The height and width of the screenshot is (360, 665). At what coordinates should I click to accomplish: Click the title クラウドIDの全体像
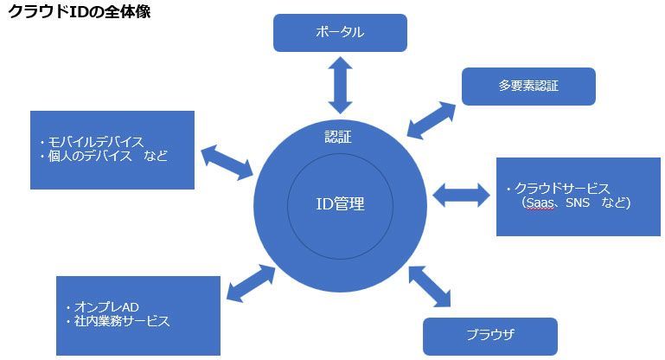point(79,13)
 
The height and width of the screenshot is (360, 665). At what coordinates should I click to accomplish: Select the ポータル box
point(340,33)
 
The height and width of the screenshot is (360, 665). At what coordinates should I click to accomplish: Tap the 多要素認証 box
point(528,86)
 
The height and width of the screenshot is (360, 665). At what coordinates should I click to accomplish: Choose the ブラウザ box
point(489,334)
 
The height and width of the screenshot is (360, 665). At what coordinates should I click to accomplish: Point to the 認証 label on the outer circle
point(338,137)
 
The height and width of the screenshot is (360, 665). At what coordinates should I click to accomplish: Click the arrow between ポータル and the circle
point(340,84)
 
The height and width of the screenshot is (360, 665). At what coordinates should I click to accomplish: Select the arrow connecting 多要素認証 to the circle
point(432,119)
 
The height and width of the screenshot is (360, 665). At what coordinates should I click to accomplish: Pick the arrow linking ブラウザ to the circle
point(429,286)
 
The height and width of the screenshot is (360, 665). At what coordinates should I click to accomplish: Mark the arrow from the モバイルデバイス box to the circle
point(227,161)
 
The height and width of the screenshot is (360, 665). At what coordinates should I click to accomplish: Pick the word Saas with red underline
point(543,204)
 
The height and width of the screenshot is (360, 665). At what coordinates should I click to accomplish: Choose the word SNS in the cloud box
point(579,204)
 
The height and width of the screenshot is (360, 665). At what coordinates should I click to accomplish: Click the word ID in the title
point(74,13)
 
